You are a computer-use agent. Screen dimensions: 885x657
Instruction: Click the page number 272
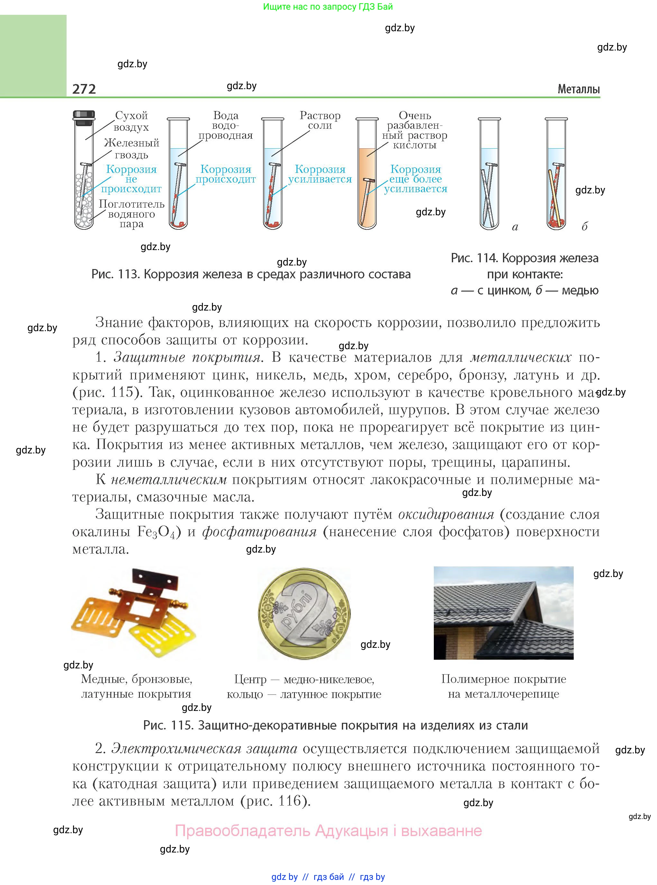tap(84, 89)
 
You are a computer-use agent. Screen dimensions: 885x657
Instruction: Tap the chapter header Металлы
tap(578, 89)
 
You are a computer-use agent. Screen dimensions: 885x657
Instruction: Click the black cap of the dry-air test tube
tap(84, 116)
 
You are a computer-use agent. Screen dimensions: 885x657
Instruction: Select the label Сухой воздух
tap(131, 121)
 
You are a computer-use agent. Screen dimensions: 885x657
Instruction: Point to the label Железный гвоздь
tap(132, 148)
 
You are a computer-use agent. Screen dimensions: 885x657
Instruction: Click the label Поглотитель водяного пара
tap(132, 214)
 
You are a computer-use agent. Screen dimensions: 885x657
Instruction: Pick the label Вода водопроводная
tap(226, 126)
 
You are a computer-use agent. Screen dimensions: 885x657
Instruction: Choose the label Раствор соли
tap(320, 120)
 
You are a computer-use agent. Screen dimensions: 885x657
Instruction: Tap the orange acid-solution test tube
tap(367, 187)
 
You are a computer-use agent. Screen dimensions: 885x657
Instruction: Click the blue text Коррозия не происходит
tap(131, 179)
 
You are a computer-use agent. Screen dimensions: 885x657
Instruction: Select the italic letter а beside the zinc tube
tap(515, 227)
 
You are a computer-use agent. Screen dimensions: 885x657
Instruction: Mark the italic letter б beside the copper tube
tap(584, 227)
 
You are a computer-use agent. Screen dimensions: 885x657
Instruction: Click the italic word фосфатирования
tap(259, 532)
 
